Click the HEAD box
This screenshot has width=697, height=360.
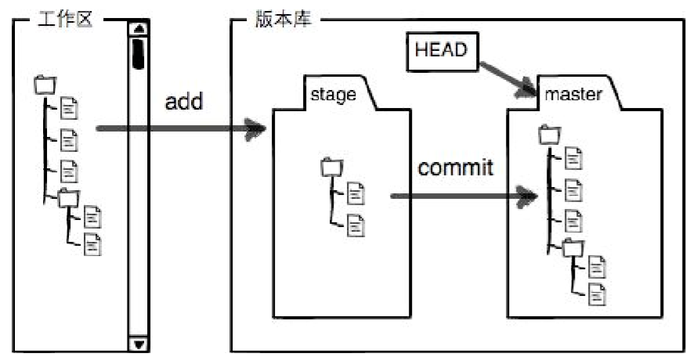441,49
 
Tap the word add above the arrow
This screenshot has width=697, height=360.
185,103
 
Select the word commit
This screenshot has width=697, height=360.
455,167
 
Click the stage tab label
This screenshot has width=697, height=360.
333,95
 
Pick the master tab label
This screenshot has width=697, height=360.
573,95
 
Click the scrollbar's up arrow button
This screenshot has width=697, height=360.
139,29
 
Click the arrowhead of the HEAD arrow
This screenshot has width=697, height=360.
528,89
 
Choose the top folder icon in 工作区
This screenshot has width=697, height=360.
45,84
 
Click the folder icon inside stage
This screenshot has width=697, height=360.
331,167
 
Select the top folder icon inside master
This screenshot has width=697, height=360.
549,136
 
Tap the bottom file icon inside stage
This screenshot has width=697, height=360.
356,225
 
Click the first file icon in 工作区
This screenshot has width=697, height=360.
70,109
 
